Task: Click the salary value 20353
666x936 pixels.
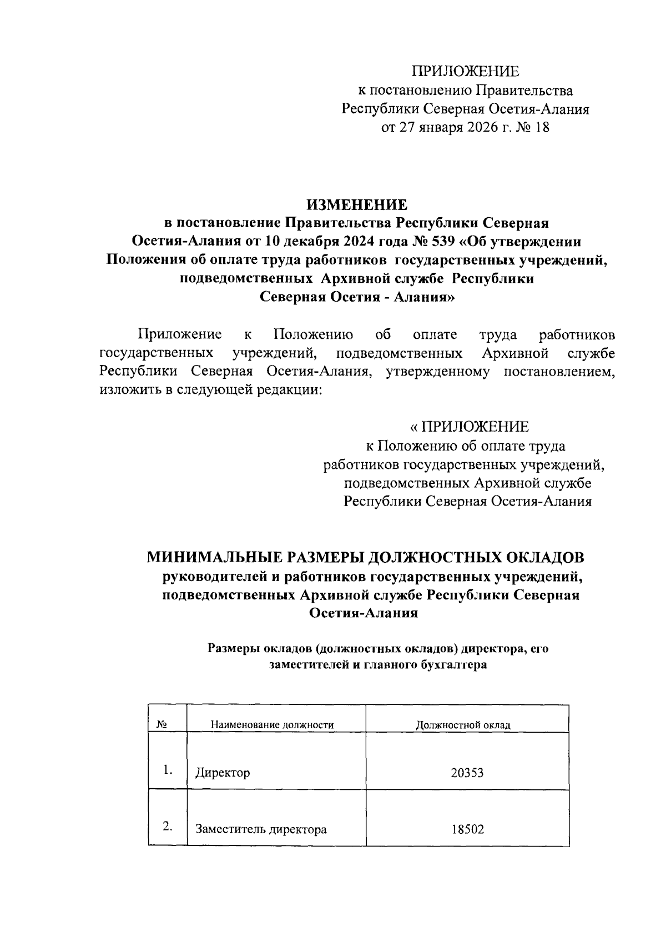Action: (467, 773)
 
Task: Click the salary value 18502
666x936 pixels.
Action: (467, 829)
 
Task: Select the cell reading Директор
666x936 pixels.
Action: (223, 773)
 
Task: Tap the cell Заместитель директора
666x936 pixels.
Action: (261, 829)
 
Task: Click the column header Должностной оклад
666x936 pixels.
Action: (463, 725)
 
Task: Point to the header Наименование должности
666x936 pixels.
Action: (272, 725)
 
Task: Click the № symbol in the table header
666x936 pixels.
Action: (162, 724)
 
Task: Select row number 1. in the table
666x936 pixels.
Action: (168, 770)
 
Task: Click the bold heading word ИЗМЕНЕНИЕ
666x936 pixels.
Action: (358, 204)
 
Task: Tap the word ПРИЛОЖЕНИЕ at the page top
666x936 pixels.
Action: (465, 71)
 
